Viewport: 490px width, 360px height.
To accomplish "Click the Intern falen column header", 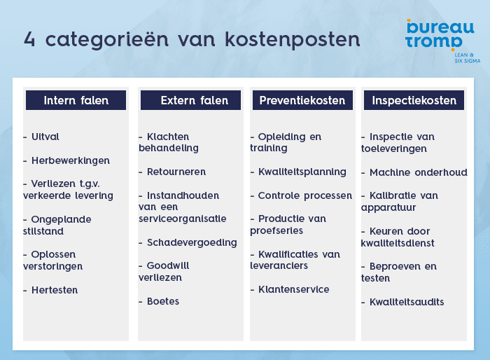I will point(76,100).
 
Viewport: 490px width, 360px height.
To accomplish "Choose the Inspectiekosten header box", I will point(414,100).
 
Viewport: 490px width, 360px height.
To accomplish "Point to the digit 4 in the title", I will point(29,39).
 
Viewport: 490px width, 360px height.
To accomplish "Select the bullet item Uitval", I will point(45,137).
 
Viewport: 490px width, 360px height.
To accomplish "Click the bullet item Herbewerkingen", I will point(70,160).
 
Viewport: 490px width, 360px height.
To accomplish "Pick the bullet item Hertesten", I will point(55,290).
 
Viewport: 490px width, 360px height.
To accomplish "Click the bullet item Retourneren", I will point(176,172).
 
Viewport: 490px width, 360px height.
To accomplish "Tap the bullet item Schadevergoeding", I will point(192,242).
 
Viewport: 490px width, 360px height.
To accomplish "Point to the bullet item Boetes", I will point(163,301).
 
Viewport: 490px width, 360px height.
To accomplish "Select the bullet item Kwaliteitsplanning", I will point(302,172).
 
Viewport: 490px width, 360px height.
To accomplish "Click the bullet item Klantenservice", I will point(293,289).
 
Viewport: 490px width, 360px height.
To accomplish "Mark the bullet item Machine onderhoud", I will point(418,172).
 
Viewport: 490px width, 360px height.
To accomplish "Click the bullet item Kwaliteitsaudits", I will point(407,302).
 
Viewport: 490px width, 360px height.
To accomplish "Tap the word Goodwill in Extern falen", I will point(168,266).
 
